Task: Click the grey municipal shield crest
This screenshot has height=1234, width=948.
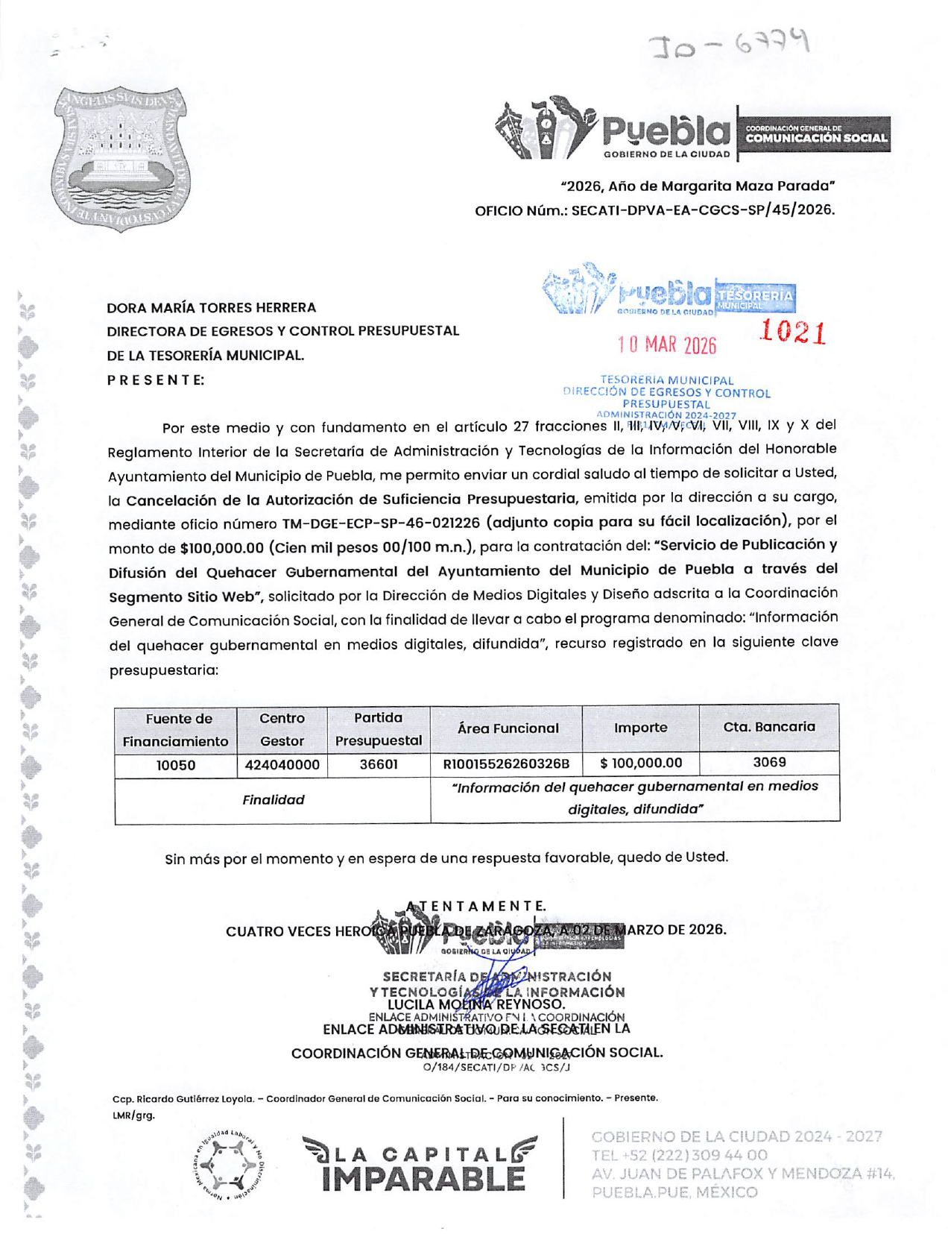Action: pyautogui.click(x=121, y=158)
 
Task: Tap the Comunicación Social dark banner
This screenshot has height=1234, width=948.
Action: pyautogui.click(x=815, y=134)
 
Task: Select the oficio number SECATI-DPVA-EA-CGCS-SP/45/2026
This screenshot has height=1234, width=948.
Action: pyautogui.click(x=702, y=210)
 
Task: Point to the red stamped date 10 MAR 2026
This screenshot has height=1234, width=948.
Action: pyautogui.click(x=666, y=344)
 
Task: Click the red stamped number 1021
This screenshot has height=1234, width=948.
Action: pyautogui.click(x=792, y=333)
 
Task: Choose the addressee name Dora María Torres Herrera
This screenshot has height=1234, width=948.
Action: pyautogui.click(x=211, y=307)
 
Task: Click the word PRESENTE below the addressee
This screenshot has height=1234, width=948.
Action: pyautogui.click(x=155, y=380)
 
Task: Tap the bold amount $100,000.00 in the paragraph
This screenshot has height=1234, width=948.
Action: pyautogui.click(x=222, y=548)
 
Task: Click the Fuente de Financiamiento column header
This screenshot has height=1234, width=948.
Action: pyautogui.click(x=175, y=729)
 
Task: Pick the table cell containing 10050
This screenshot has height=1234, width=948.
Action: pyautogui.click(x=175, y=765)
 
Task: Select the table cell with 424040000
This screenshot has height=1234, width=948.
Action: pyautogui.click(x=282, y=765)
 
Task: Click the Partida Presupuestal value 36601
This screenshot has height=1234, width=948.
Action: pyautogui.click(x=378, y=765)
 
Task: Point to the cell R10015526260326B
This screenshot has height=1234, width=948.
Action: pyautogui.click(x=506, y=764)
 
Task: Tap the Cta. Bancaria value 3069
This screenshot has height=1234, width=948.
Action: pyautogui.click(x=768, y=762)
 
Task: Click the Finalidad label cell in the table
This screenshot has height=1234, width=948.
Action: pyautogui.click(x=273, y=800)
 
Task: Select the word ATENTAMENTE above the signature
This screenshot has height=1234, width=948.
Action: pyautogui.click(x=477, y=906)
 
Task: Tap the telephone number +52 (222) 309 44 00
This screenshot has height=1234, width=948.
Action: pyautogui.click(x=679, y=1156)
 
